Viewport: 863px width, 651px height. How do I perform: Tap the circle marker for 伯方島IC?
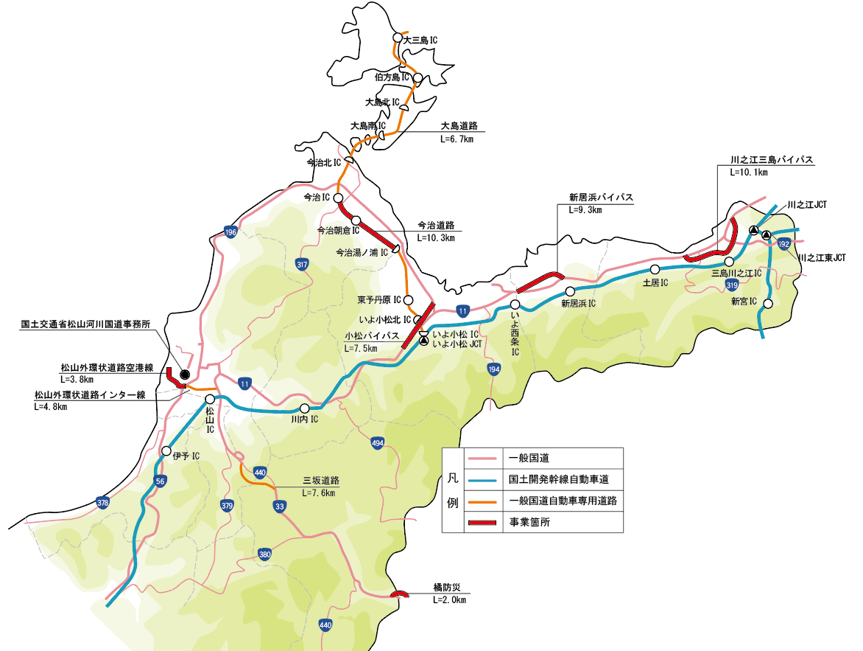[x=418, y=78]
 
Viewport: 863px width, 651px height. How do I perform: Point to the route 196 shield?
[x=230, y=232]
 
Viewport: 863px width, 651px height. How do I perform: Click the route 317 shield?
[x=302, y=264]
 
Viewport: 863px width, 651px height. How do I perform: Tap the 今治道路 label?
[x=435, y=225]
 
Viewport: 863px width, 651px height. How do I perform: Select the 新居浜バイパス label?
[x=601, y=197]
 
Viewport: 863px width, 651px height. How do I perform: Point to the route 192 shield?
[x=783, y=243]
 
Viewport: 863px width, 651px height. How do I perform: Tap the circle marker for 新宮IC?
[x=768, y=304]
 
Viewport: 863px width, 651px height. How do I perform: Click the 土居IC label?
[x=655, y=282]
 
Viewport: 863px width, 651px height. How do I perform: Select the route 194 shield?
[x=493, y=369]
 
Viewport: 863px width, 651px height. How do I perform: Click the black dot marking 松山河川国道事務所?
[x=185, y=374]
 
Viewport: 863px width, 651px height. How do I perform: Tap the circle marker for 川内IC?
[x=305, y=408]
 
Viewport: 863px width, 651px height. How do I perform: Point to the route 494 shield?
[x=378, y=443]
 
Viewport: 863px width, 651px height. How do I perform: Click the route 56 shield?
[x=161, y=481]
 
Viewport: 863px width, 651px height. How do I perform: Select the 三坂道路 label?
[x=319, y=480]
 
